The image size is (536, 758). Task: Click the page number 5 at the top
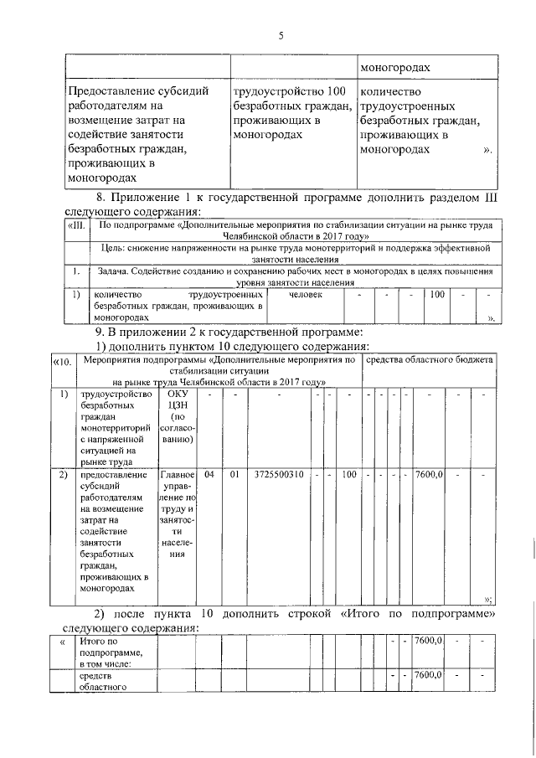pos(281,34)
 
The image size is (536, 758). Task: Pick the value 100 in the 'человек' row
pos(436,295)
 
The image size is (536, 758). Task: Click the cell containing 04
pos(209,475)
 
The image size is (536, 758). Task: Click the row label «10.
pos(61,361)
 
